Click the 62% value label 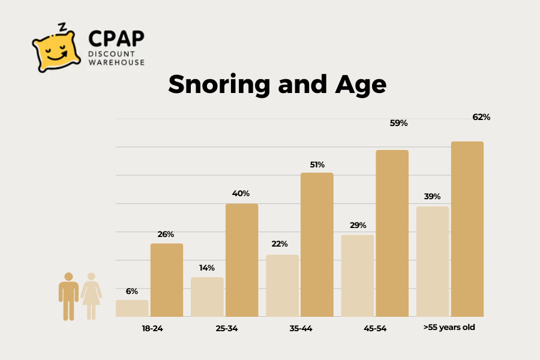(x=481, y=117)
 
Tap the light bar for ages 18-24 (x=132, y=308)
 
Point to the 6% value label (x=132, y=291)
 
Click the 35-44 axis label (x=300, y=328)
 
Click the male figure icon (x=68, y=296)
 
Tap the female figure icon (x=91, y=296)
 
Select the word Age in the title (x=355, y=85)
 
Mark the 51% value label (x=317, y=164)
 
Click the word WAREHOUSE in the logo (x=117, y=62)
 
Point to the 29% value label (x=358, y=226)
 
